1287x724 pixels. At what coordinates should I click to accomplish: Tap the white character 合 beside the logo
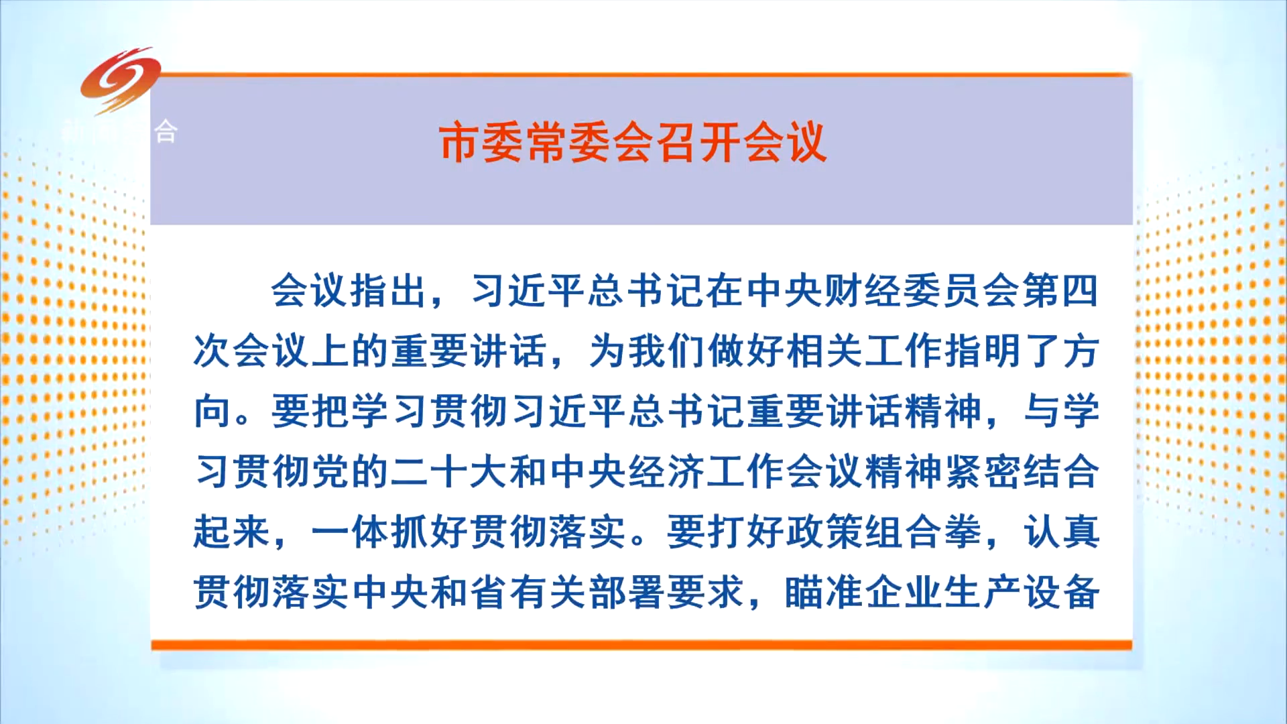pos(166,132)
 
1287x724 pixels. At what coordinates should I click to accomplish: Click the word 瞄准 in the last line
pos(824,593)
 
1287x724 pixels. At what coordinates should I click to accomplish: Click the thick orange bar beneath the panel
pos(641,646)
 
